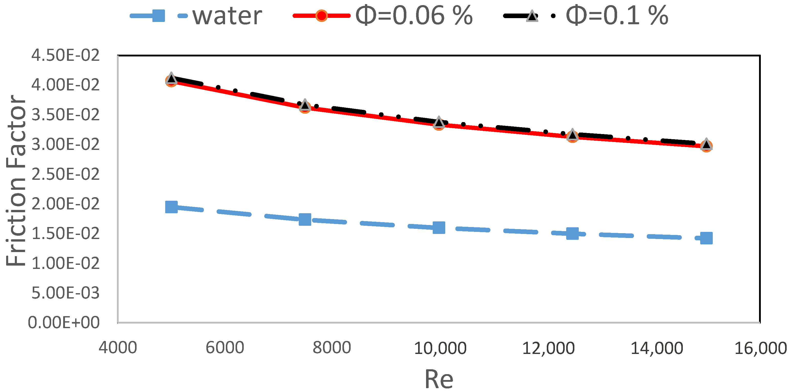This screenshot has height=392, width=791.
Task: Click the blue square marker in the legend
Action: click(159, 16)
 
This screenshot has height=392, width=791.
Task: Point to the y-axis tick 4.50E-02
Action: click(65, 55)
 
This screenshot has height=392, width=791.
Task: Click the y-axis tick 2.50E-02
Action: click(65, 174)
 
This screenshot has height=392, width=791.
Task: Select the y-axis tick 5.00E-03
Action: click(65, 293)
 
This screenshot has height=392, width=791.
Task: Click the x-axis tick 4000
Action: click(118, 348)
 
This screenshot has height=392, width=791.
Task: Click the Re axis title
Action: click(439, 379)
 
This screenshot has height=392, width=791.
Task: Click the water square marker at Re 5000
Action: click(171, 207)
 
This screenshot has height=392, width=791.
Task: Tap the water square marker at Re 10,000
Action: click(439, 228)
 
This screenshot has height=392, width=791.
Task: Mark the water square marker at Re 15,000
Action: click(706, 238)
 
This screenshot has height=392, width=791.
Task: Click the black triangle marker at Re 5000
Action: click(171, 78)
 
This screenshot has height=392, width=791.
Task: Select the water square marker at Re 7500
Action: click(305, 219)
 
